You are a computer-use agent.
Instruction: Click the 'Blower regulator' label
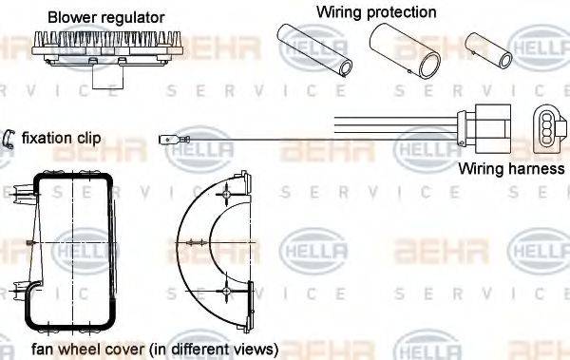(x=106, y=17)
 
